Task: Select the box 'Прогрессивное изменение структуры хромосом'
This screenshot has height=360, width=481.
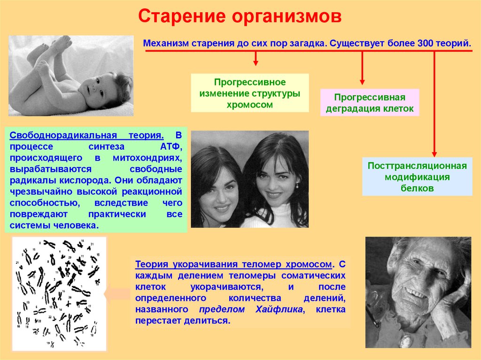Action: point(249,92)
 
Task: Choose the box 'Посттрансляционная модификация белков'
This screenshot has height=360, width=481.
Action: point(417,177)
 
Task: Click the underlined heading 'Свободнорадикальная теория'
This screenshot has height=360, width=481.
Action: point(87,135)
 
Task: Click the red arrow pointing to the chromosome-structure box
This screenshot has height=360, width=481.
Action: point(256,58)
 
